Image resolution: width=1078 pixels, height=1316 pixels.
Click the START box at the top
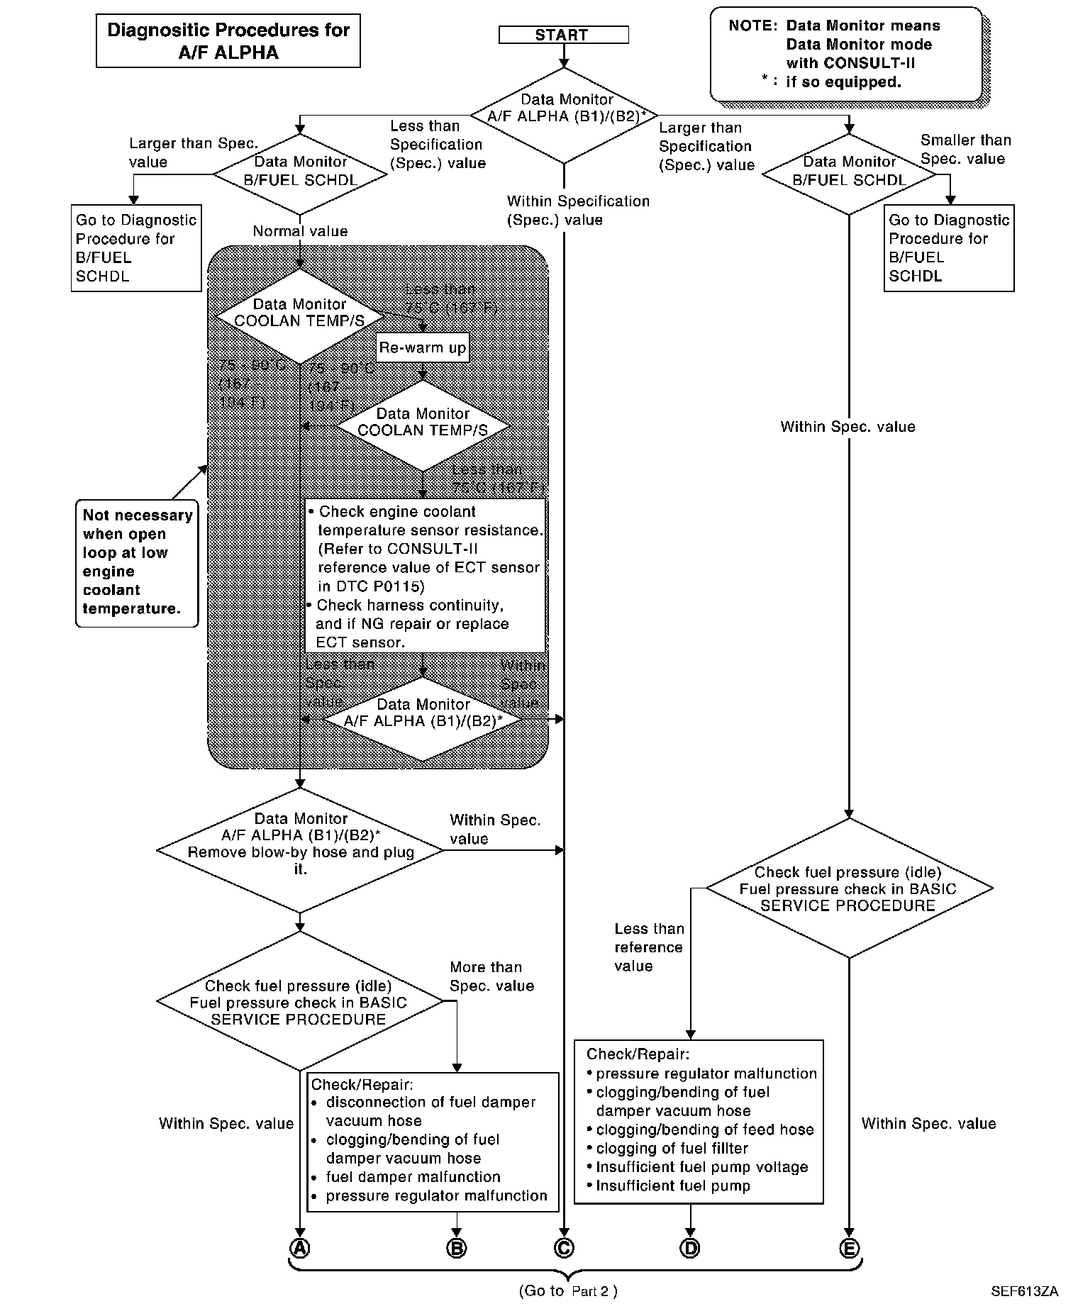click(x=563, y=35)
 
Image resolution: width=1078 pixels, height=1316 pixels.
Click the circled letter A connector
click(x=300, y=1248)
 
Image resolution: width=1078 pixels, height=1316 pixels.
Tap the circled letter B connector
click(x=457, y=1248)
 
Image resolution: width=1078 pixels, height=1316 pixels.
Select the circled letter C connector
click(x=564, y=1248)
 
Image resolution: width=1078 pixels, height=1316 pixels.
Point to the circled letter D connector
click(x=690, y=1248)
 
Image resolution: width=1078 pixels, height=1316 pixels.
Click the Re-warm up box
click(x=423, y=347)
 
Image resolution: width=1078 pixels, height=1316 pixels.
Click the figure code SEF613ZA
click(x=1024, y=1291)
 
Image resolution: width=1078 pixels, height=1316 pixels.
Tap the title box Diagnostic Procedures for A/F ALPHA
click(x=228, y=41)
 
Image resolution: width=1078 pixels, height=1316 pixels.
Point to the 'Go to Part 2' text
click(x=567, y=1290)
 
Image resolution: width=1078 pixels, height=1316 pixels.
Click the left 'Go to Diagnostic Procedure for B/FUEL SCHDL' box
click(x=136, y=248)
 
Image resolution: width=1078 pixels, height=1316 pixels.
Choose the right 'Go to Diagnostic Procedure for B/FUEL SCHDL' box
click(x=949, y=248)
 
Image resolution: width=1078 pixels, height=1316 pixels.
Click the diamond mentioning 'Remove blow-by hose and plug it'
click(x=300, y=851)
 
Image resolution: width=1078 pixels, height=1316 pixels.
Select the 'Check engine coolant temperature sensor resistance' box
click(x=426, y=576)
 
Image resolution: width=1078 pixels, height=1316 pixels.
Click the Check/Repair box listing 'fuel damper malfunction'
click(x=433, y=1142)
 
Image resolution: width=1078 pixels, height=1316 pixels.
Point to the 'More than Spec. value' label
click(x=491, y=976)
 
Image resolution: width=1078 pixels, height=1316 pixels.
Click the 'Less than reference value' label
click(x=649, y=947)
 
